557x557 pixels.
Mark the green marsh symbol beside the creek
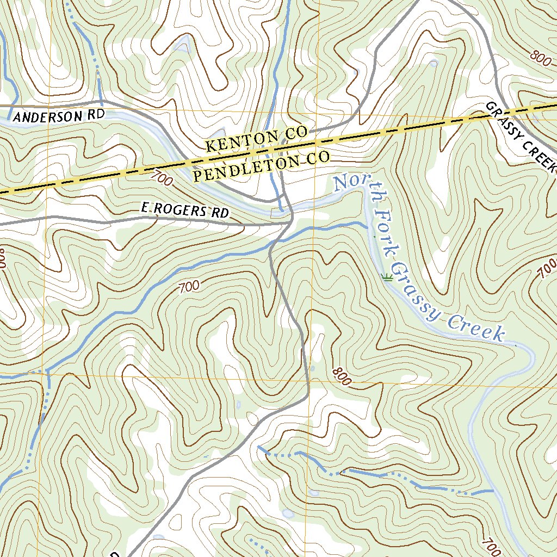(x=387, y=278)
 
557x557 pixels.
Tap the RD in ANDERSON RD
(x=94, y=115)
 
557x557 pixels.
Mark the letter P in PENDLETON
(x=197, y=176)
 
